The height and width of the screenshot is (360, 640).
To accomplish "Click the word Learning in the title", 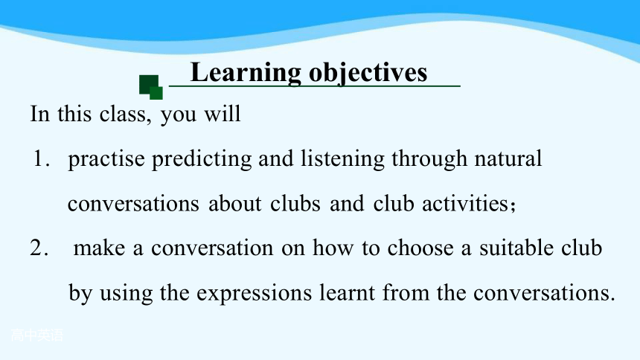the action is pyautogui.click(x=246, y=74).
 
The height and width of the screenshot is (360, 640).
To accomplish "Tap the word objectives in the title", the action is pyautogui.click(x=368, y=74).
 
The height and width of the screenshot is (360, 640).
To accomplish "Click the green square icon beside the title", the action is pyautogui.click(x=151, y=87).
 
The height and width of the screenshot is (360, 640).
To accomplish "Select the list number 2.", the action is pyautogui.click(x=39, y=248).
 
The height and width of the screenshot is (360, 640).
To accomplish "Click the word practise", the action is pyautogui.click(x=106, y=160).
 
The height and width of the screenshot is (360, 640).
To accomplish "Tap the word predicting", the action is pyautogui.click(x=202, y=160).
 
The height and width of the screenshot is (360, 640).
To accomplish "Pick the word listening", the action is pyautogui.click(x=343, y=160).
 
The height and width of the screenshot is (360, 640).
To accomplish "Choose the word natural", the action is pyautogui.click(x=508, y=158).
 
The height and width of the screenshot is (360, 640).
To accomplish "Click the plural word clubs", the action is pyautogui.click(x=295, y=203).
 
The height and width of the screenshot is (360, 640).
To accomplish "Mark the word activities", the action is pyautogui.click(x=465, y=203).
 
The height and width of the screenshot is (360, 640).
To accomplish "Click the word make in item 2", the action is pyautogui.click(x=99, y=248).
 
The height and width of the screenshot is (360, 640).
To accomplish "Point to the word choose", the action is pyautogui.click(x=420, y=248).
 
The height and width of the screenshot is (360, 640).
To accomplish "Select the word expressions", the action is pyautogui.click(x=254, y=294).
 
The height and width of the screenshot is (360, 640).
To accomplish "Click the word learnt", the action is pyautogui.click(x=347, y=292).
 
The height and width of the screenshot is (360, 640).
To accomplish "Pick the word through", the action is pyautogui.click(x=429, y=160).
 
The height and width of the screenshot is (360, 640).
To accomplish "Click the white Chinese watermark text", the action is pyautogui.click(x=37, y=335).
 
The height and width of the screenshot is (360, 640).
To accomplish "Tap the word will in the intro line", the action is pyautogui.click(x=222, y=114).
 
